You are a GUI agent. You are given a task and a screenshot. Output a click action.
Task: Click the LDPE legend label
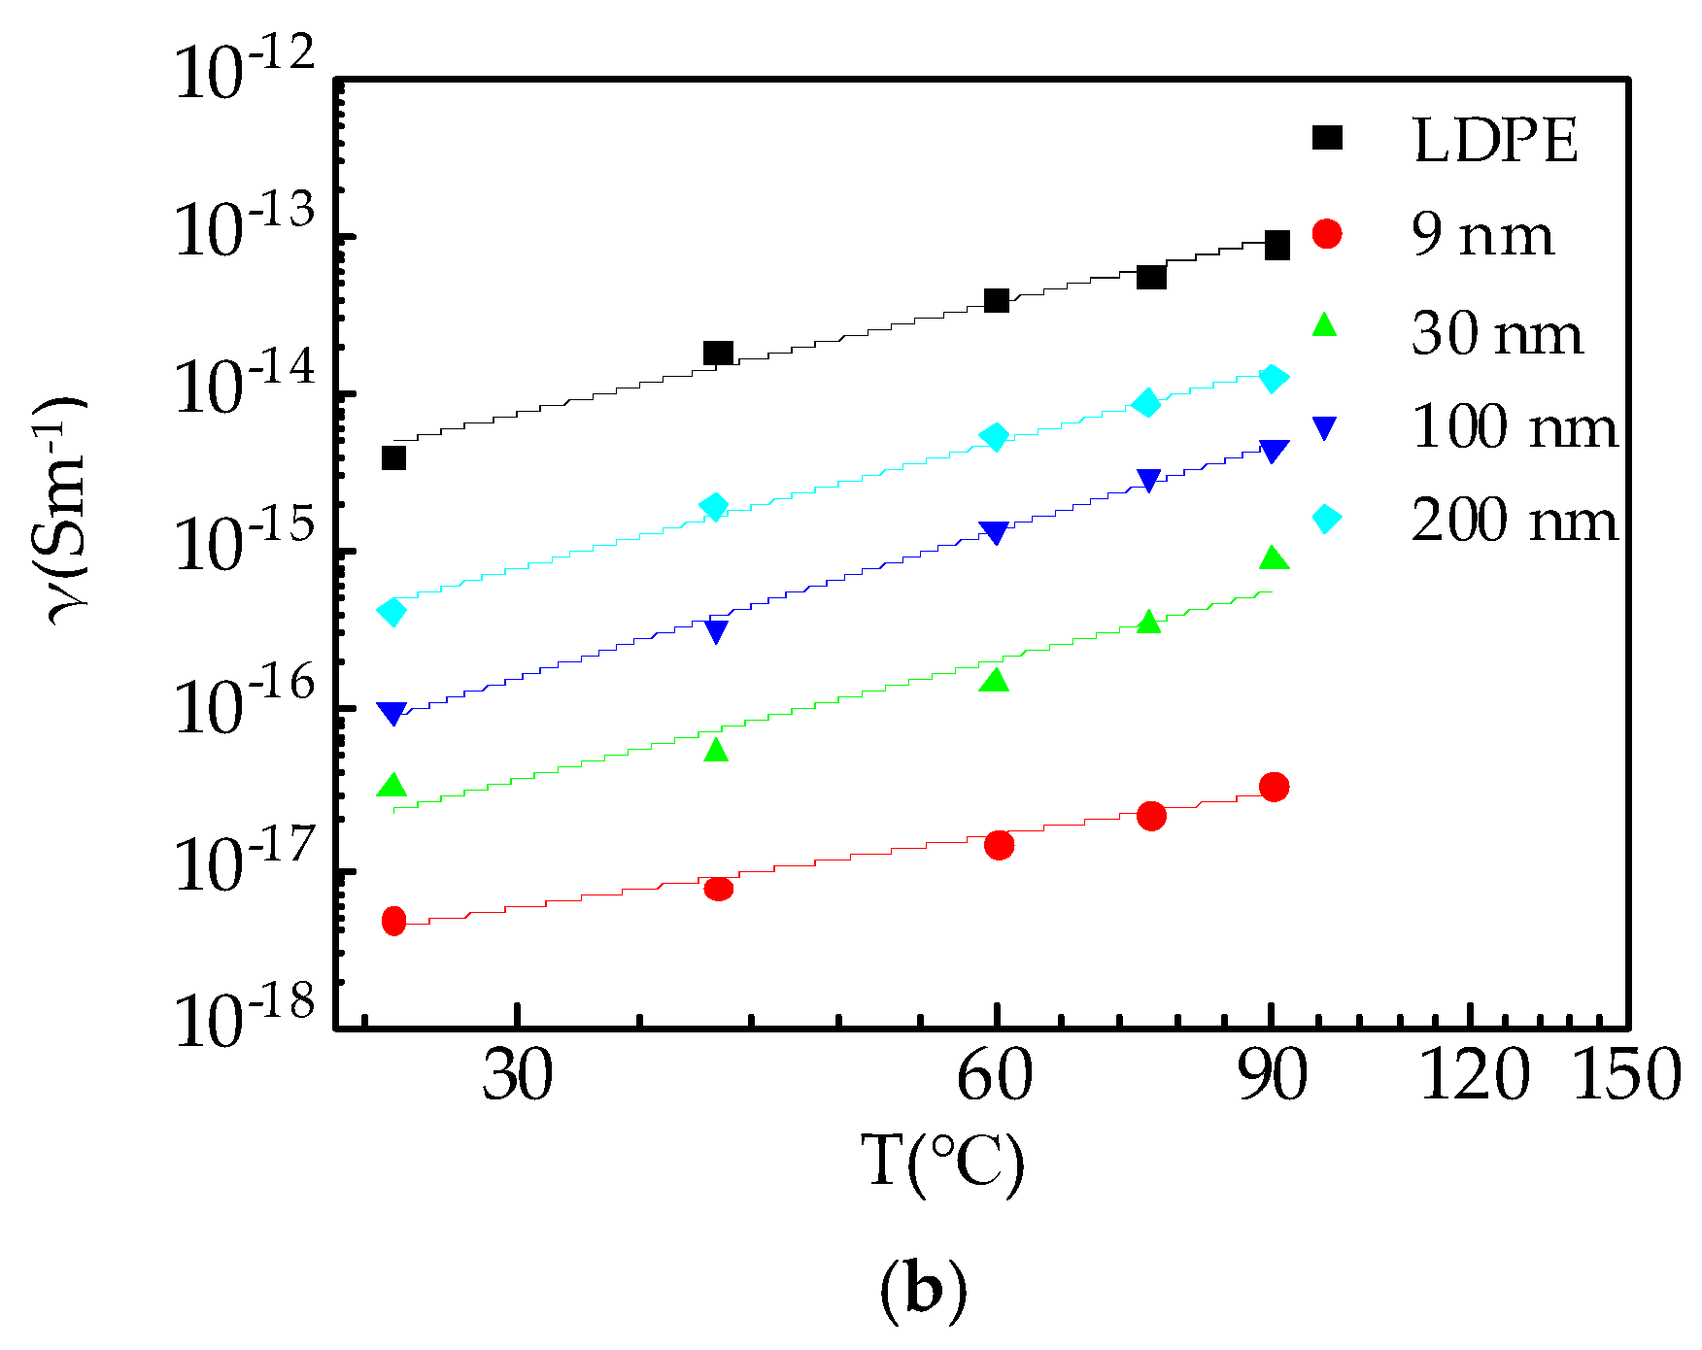tap(1494, 142)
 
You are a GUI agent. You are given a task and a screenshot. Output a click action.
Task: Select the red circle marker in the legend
tap(1326, 234)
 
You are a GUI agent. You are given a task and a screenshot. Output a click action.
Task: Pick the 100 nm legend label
tap(1514, 427)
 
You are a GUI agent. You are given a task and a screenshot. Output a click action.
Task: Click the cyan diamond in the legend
tap(1326, 519)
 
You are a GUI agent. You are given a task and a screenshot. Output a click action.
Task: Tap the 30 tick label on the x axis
tap(518, 1076)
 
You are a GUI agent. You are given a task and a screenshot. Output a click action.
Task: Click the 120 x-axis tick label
tap(1474, 1076)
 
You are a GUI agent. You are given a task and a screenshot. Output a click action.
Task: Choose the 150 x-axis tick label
tap(1625, 1076)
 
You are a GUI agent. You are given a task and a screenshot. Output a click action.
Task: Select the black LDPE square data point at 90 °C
tap(1276, 246)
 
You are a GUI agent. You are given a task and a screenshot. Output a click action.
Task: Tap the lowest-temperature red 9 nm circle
tap(393, 921)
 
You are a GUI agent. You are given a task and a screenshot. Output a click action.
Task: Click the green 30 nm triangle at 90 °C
tap(1274, 557)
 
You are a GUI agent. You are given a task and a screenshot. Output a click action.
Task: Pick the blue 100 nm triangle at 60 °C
tap(995, 532)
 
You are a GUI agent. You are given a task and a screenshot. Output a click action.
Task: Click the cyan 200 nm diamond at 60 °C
tap(994, 437)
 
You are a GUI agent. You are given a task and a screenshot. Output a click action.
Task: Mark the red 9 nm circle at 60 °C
tap(999, 845)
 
